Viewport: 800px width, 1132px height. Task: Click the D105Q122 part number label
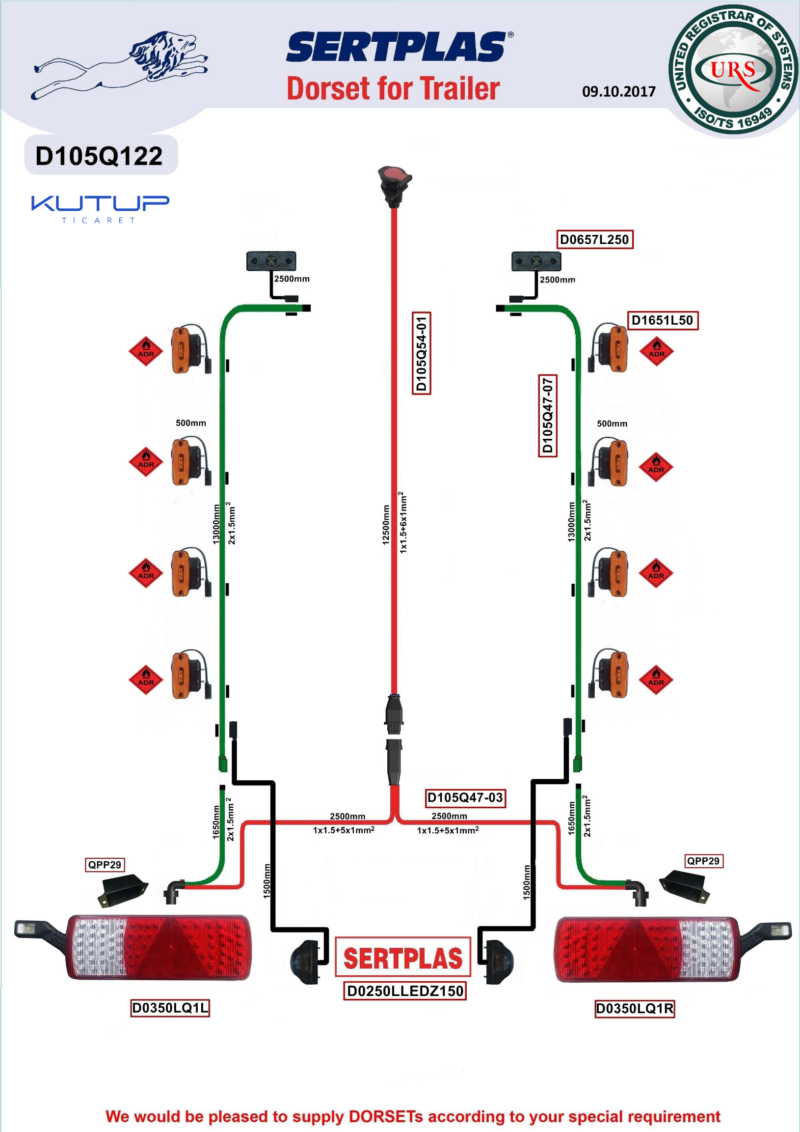pyautogui.click(x=99, y=156)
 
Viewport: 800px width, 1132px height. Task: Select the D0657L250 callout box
pyautogui.click(x=594, y=240)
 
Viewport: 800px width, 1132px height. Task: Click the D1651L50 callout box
pyautogui.click(x=662, y=320)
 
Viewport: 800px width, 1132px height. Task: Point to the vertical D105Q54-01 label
pyautogui.click(x=421, y=353)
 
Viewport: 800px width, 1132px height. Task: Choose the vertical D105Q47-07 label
pyautogui.click(x=547, y=415)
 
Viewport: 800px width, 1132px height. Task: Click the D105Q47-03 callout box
pyautogui.click(x=465, y=797)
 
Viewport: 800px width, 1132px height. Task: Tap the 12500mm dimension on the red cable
pyautogui.click(x=386, y=525)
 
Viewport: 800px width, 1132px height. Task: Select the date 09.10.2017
pyautogui.click(x=619, y=92)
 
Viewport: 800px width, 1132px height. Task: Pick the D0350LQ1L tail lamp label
pyautogui.click(x=170, y=1008)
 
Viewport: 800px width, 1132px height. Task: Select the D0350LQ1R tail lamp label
pyautogui.click(x=635, y=1008)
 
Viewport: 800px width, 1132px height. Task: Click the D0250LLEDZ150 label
pyautogui.click(x=405, y=991)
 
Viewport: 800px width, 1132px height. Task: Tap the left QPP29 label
pyautogui.click(x=105, y=864)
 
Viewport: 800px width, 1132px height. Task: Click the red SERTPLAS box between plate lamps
pyautogui.click(x=403, y=957)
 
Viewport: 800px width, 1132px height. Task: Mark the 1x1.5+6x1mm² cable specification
pyautogui.click(x=403, y=522)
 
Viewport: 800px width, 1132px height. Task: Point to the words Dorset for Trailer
pyautogui.click(x=393, y=89)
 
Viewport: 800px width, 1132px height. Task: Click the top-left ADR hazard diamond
pyautogui.click(x=146, y=351)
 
